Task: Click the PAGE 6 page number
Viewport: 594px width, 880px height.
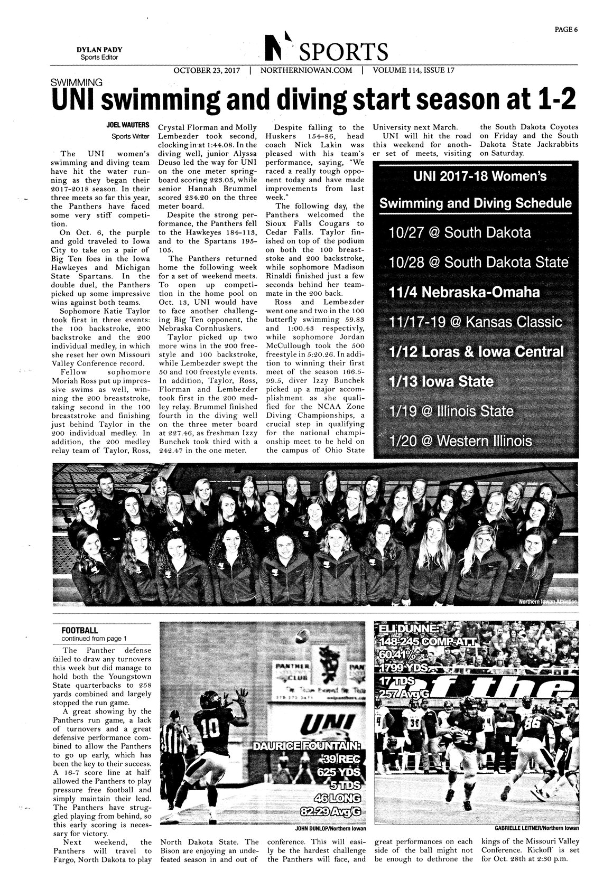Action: tap(566, 30)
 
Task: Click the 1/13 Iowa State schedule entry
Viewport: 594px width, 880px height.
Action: tap(440, 381)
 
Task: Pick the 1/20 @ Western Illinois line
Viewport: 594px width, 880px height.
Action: tap(460, 441)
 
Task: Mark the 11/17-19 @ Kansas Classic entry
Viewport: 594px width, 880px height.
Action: tap(468, 322)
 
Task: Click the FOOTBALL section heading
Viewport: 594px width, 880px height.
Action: tap(79, 630)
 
